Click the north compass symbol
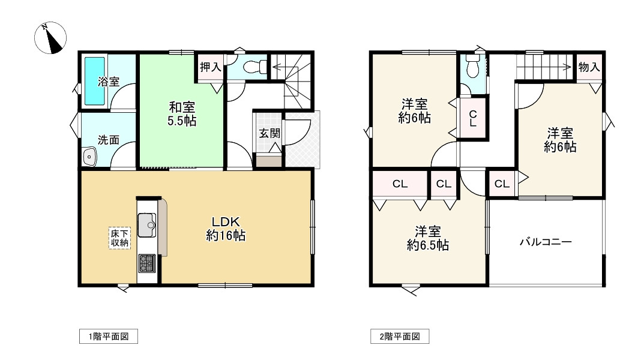point(50,38)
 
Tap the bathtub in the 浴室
point(94,81)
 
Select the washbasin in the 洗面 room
point(89,157)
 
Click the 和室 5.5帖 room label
point(181,114)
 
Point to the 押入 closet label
point(211,67)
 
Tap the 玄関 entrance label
point(270,133)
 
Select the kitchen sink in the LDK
point(146,225)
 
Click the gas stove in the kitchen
point(146,263)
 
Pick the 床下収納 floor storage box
point(119,238)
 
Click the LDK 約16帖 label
point(226,229)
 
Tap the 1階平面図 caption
point(109,337)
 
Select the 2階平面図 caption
point(400,337)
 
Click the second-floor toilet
point(473,65)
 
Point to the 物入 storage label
point(589,67)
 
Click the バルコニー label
point(546,242)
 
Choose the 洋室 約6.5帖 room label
point(427,238)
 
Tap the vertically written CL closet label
point(473,118)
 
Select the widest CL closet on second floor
point(400,184)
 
